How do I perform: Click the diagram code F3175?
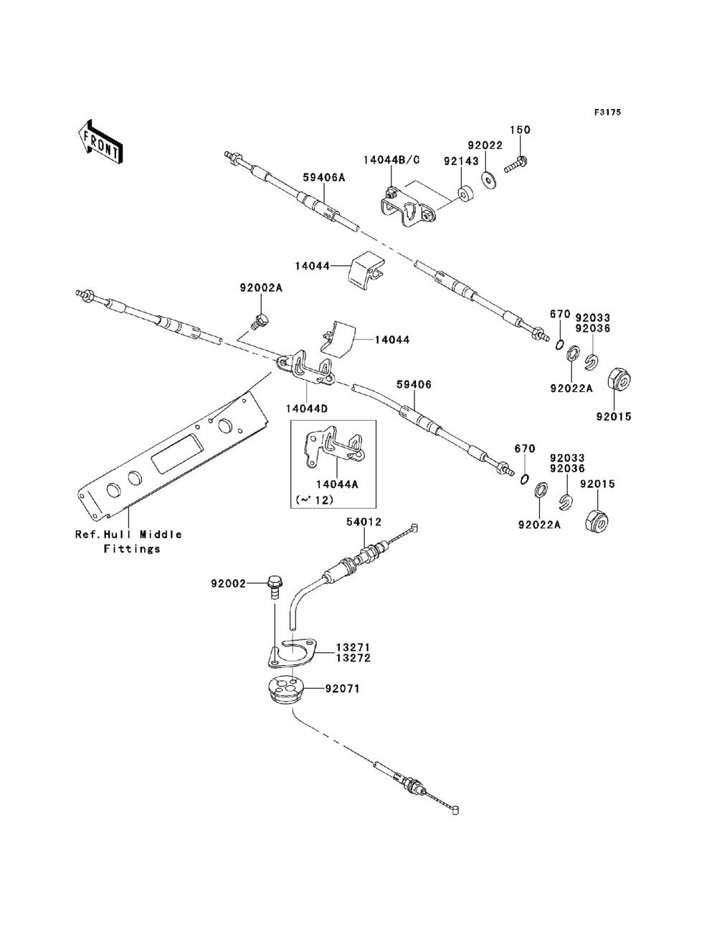click(607, 113)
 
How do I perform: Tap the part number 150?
click(520, 130)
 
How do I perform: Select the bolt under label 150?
click(516, 164)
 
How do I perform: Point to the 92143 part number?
click(460, 161)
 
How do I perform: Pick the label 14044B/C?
click(391, 160)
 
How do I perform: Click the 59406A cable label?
click(324, 177)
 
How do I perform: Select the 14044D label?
click(306, 408)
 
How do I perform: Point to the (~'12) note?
click(314, 500)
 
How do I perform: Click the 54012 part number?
click(364, 522)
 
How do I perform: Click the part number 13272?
click(353, 658)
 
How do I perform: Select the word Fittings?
click(132, 549)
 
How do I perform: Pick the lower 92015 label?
click(598, 484)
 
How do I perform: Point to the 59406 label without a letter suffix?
click(414, 385)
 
